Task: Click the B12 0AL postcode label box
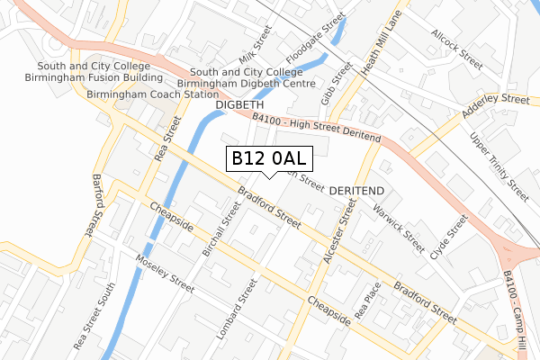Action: pos(269,158)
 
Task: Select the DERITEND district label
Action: pos(357,192)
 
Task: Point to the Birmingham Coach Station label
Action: pos(152,94)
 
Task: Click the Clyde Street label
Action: pos(451,237)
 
